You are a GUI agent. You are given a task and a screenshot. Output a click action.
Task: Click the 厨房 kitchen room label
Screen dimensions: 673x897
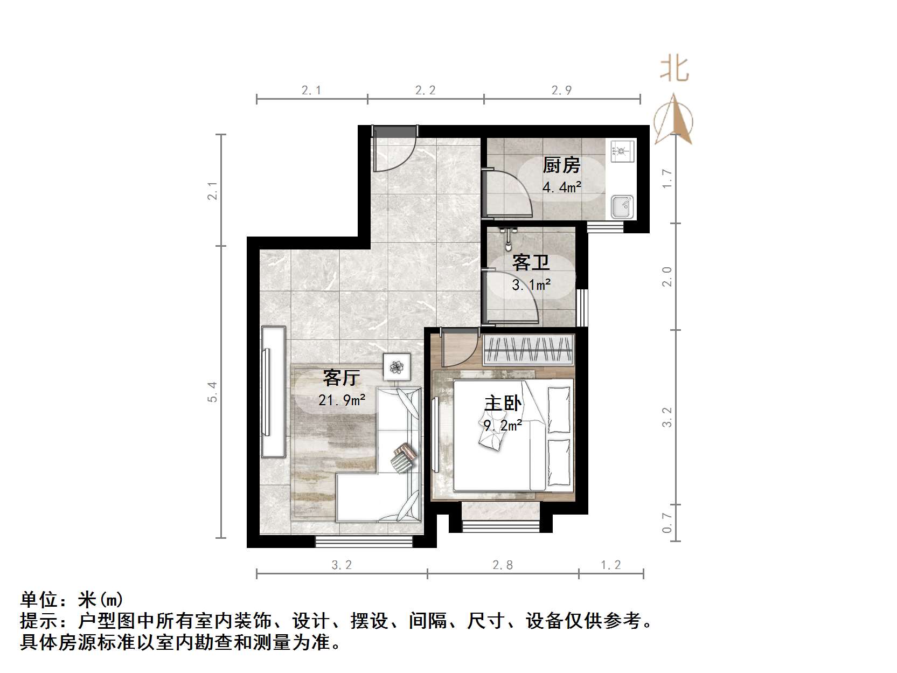point(561,165)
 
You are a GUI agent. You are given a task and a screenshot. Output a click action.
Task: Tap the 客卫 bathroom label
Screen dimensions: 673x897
point(531,263)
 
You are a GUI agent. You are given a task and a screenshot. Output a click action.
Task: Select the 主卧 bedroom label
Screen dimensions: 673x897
point(503,404)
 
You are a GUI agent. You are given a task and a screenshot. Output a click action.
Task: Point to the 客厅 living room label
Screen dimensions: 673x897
point(341,378)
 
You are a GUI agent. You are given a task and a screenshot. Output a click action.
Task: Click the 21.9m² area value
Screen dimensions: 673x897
point(342,400)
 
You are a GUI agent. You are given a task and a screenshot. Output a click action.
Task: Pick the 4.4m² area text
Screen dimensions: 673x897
point(561,188)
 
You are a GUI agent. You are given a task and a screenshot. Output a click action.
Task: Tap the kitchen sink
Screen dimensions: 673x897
point(622,206)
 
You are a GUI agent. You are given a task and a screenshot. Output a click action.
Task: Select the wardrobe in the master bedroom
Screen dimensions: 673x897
point(527,349)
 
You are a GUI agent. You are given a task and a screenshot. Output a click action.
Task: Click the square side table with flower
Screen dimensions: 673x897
point(397,367)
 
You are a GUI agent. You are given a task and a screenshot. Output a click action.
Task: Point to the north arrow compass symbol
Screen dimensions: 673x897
point(673,121)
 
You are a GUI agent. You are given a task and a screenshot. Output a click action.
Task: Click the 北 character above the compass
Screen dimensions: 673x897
point(675,70)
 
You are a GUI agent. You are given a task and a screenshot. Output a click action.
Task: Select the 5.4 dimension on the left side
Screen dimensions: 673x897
point(213,392)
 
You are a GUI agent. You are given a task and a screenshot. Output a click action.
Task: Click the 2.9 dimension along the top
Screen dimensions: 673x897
point(561,91)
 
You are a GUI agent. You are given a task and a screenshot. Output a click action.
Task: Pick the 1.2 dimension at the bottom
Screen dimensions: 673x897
point(610,565)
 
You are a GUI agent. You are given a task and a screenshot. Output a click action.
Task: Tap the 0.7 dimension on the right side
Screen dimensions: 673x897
point(667,522)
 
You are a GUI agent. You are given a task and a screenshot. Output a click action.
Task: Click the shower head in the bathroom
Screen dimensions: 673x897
point(507,237)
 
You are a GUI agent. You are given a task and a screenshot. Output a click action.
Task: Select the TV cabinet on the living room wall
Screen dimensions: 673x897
point(273,392)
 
